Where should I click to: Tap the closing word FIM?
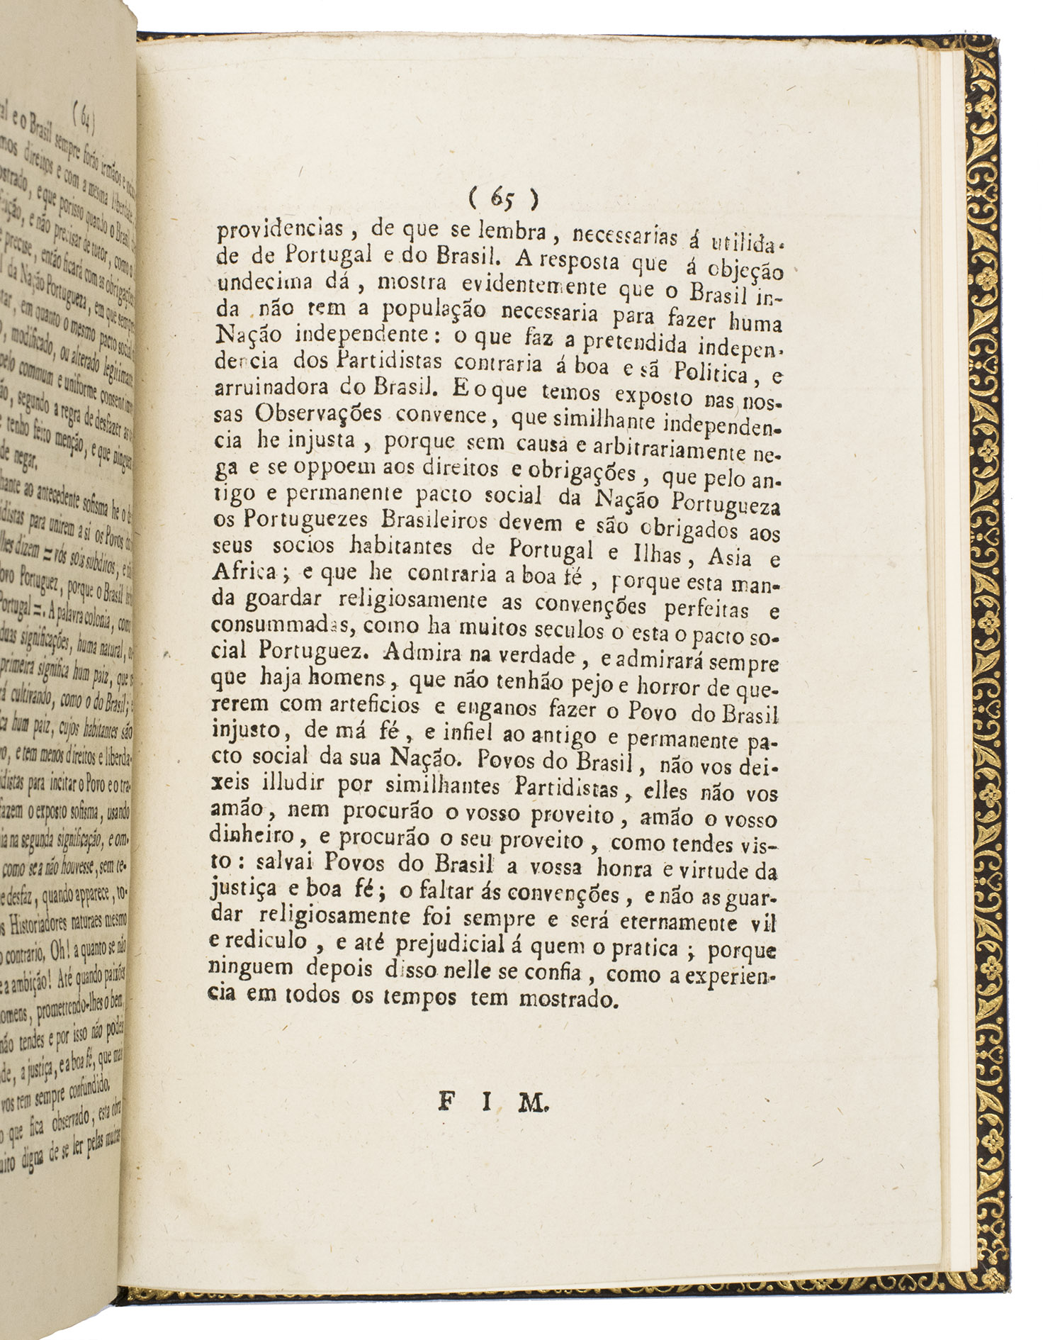(492, 1102)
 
